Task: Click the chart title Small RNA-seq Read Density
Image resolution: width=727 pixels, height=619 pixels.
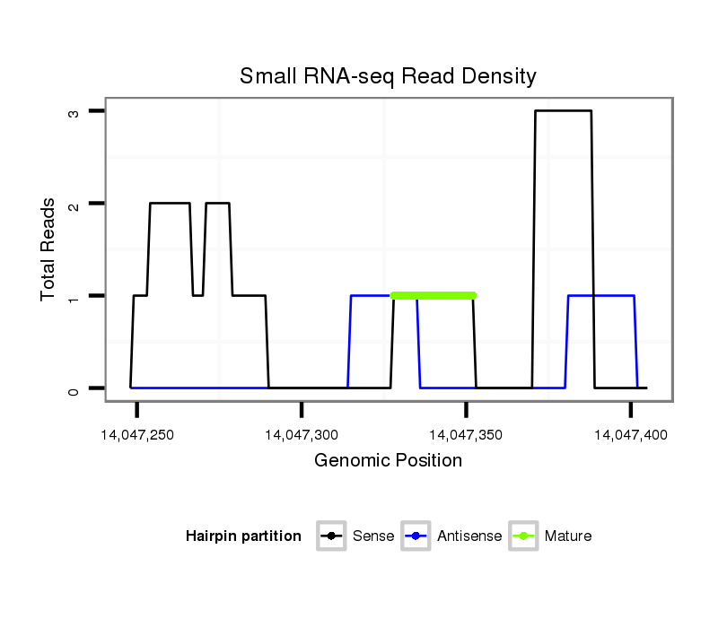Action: (x=388, y=76)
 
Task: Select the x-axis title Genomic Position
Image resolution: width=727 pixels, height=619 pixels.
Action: (x=388, y=461)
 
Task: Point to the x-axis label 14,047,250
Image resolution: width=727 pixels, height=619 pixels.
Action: (x=137, y=435)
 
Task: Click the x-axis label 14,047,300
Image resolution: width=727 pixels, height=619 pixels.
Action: (x=302, y=435)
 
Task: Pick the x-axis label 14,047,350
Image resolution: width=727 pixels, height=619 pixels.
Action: (x=466, y=435)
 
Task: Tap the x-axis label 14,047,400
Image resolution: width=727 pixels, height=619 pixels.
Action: (x=630, y=435)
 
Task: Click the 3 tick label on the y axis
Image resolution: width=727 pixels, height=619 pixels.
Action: (x=73, y=111)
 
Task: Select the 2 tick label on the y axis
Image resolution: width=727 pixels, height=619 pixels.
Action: (x=73, y=204)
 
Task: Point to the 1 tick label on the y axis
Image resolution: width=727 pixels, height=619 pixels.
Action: (x=73, y=296)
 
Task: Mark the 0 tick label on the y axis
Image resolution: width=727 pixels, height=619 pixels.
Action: (x=73, y=388)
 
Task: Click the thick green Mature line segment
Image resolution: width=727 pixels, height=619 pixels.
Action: (x=433, y=295)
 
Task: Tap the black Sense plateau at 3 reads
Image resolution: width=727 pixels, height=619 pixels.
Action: (x=564, y=111)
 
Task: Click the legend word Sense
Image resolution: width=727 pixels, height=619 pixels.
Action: (x=373, y=536)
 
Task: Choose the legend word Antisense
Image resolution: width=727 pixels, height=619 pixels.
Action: (x=469, y=536)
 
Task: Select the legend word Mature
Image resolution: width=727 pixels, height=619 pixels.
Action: (x=568, y=536)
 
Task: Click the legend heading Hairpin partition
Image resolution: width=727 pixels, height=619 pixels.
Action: (x=243, y=536)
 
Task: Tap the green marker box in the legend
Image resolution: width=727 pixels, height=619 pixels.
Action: (x=523, y=536)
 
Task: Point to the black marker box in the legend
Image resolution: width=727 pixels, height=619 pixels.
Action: (x=331, y=536)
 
